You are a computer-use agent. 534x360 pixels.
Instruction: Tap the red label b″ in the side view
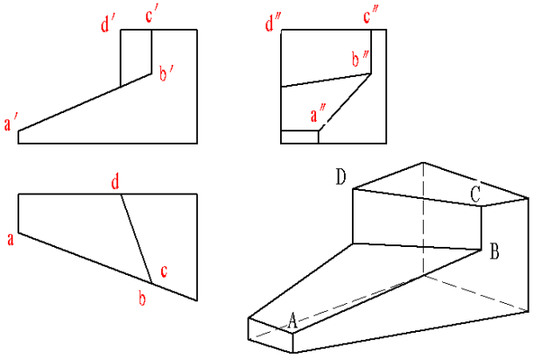(x=357, y=60)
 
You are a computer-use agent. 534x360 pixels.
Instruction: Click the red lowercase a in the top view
(x=10, y=238)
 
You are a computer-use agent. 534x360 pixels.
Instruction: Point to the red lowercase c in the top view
(x=163, y=271)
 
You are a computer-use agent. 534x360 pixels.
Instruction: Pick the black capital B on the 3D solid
(x=494, y=254)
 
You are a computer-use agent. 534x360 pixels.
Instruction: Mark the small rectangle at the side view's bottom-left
(x=299, y=136)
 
